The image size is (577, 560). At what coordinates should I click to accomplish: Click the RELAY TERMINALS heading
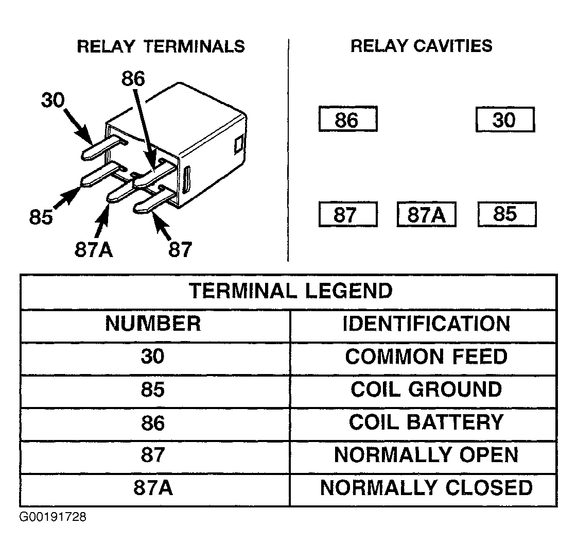(x=161, y=46)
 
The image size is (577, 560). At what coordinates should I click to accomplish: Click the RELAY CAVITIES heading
(x=422, y=46)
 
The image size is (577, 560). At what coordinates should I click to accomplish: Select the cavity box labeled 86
(x=348, y=119)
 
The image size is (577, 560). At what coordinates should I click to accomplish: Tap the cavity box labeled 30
(x=505, y=120)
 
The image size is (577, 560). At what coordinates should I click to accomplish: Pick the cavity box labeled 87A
(x=427, y=214)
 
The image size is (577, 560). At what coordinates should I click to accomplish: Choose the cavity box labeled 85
(x=507, y=214)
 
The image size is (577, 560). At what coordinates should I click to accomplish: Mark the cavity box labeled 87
(x=348, y=214)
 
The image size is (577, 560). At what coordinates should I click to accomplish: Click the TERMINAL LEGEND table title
(x=291, y=291)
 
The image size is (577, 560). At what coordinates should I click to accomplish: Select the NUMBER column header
(x=153, y=324)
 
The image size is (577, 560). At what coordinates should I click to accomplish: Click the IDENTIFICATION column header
(x=427, y=324)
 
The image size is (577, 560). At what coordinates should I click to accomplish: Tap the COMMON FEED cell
(x=427, y=357)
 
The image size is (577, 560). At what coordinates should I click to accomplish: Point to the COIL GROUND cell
(x=427, y=389)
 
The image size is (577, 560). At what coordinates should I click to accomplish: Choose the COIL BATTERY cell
(x=427, y=422)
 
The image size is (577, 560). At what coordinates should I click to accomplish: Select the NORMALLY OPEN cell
(x=427, y=454)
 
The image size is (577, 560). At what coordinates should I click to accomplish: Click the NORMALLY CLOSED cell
(x=427, y=487)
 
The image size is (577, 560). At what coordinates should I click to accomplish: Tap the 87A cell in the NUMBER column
(x=153, y=487)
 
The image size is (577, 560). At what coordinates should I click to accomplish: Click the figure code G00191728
(x=53, y=517)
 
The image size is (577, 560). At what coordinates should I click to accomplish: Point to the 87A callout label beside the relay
(x=94, y=249)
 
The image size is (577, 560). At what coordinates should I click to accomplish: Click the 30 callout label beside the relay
(x=53, y=100)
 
